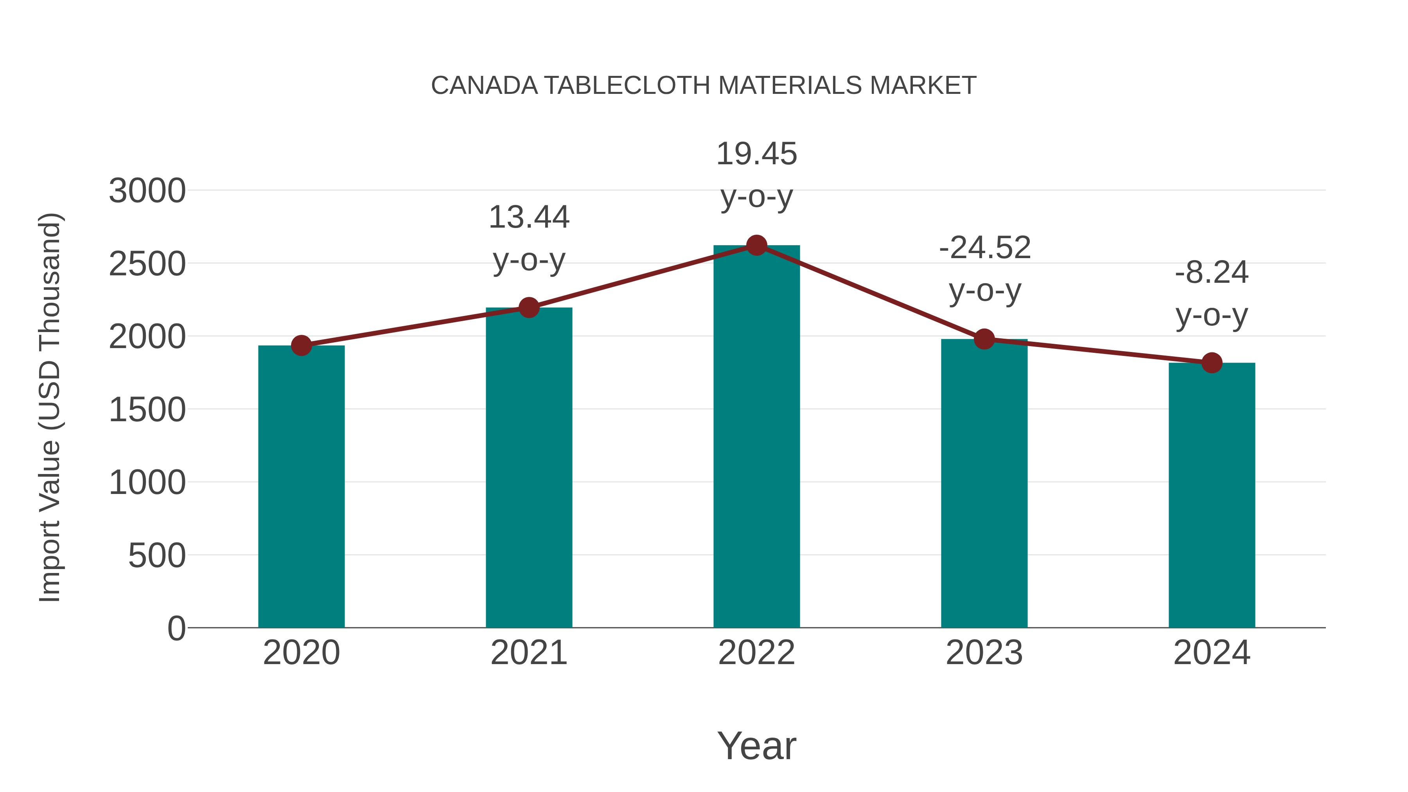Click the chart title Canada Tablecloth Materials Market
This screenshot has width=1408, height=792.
click(x=704, y=86)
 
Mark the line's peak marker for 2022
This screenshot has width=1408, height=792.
click(x=756, y=245)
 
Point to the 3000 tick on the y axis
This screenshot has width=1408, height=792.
click(x=147, y=191)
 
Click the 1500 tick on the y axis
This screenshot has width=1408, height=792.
click(x=147, y=410)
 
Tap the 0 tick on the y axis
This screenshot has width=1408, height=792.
click(x=176, y=629)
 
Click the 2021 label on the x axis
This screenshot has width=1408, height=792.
click(x=528, y=653)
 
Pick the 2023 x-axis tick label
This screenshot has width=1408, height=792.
click(x=984, y=653)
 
